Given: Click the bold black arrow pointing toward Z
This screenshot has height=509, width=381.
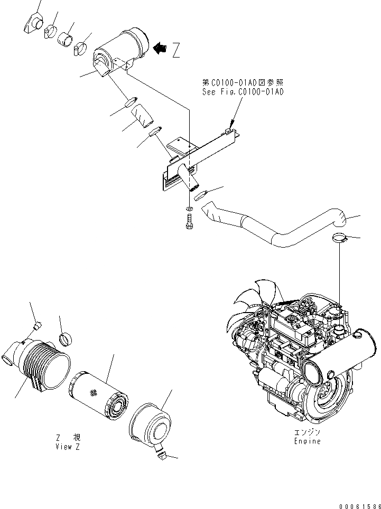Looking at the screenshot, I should (160, 49).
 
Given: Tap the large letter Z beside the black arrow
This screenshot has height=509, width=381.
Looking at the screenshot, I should (176, 50).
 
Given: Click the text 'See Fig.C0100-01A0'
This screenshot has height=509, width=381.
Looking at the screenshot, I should (243, 91).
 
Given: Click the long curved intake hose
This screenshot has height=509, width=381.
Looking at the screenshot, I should (275, 232).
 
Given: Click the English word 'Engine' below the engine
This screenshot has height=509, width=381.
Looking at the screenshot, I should (307, 441).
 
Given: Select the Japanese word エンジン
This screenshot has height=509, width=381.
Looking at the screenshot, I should (307, 432).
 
